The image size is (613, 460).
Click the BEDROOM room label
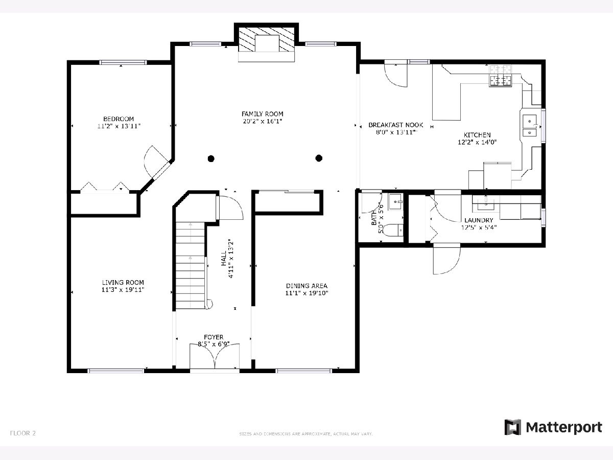[119, 119]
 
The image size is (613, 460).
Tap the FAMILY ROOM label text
[262, 114]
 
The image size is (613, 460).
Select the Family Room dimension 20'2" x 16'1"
[262, 121]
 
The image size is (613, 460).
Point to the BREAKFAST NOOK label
[396, 125]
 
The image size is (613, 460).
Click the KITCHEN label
[477, 135]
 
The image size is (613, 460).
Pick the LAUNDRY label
[479, 220]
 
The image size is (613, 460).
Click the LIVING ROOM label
[123, 282]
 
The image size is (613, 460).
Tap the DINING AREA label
[306, 286]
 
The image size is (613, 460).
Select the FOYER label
[214, 337]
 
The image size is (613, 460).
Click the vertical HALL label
[224, 258]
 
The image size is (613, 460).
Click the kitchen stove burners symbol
[500, 76]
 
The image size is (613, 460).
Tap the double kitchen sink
[530, 125]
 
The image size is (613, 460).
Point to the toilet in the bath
[392, 230]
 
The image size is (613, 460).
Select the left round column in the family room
[211, 158]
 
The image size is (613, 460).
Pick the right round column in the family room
[319, 158]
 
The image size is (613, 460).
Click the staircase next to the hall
[191, 265]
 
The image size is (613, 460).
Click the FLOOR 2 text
[23, 433]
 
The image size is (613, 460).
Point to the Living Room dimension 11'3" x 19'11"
[123, 290]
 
